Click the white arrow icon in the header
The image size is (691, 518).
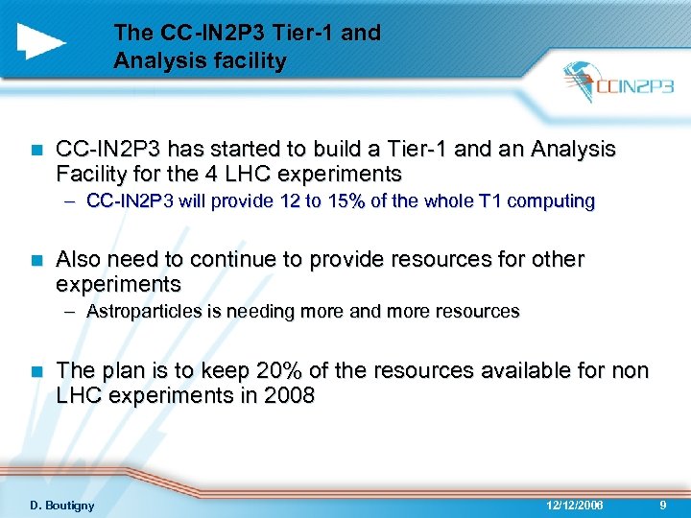click(41, 40)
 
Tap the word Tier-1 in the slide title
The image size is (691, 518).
click(287, 33)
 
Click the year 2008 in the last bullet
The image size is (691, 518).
click(289, 394)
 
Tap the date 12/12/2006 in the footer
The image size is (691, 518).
click(575, 506)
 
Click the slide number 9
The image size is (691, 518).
click(664, 506)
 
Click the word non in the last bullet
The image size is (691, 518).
click(631, 370)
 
